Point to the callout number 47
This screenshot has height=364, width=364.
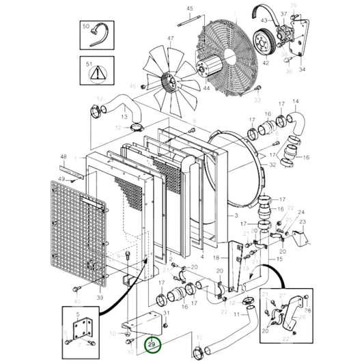(171, 39)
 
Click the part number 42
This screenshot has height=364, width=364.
(266, 62)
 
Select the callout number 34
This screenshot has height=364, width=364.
(302, 69)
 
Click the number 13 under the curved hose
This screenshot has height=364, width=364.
(124, 117)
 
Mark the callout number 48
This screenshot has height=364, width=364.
(63, 156)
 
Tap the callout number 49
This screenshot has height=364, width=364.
(63, 180)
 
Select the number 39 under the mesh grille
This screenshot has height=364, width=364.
(100, 298)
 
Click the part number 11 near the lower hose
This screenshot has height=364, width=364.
(236, 313)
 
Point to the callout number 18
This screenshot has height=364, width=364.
(216, 258)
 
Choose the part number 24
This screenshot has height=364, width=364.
(302, 212)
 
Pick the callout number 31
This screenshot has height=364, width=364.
(165, 311)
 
